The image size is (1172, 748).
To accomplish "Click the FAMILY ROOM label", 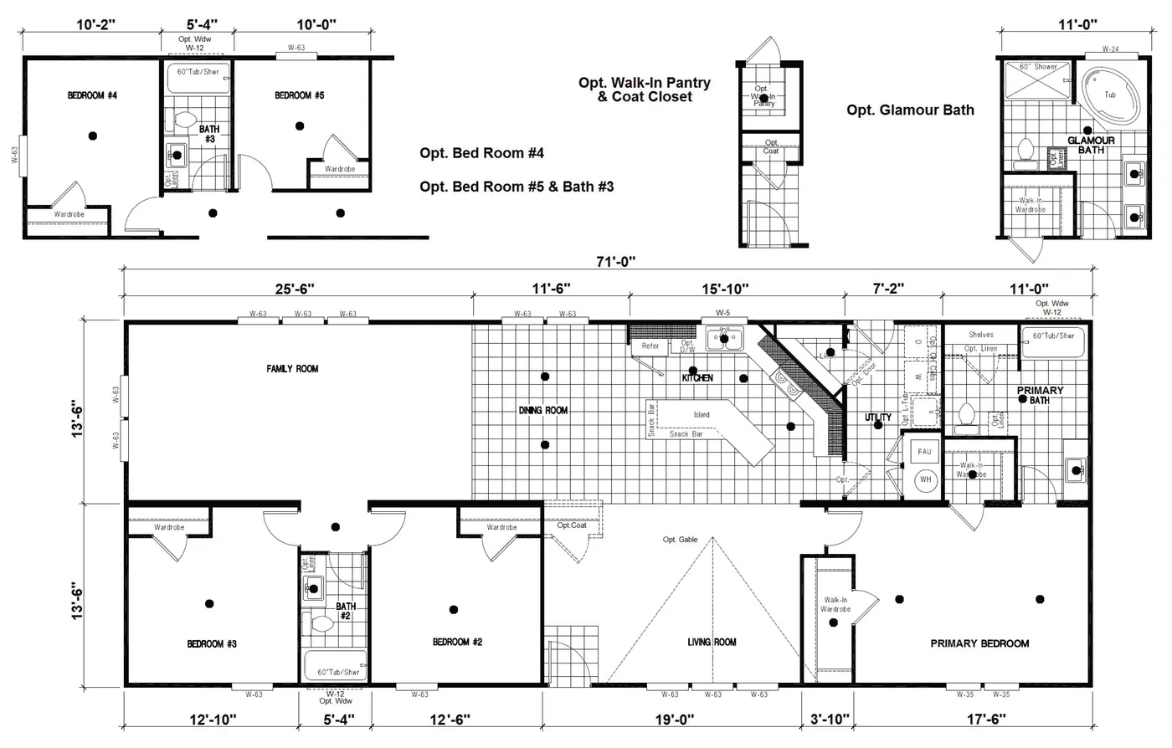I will coord(292,369).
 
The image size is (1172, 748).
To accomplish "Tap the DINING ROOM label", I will coord(544,411).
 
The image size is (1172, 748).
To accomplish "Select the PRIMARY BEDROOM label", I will coord(979,643).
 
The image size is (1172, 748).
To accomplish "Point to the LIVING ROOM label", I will coord(712,643).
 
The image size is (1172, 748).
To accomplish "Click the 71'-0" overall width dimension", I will coord(608,261).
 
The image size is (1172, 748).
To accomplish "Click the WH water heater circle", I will coord(925,480).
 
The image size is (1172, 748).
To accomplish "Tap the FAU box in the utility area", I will coord(924,452).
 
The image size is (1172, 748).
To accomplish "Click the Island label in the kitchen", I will coord(702,415).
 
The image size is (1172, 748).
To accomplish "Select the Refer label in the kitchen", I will coord(650,346).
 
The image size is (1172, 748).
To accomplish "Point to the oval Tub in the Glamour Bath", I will coord(1109,95).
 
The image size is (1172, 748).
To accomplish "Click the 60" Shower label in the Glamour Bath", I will coord(1038,67).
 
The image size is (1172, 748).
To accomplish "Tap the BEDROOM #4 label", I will coord(92,96).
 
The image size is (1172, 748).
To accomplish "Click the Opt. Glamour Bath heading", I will coord(910,110).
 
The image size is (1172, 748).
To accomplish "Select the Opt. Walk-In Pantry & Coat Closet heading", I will coord(645,90).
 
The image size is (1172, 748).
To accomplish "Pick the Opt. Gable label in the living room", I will coord(680,540).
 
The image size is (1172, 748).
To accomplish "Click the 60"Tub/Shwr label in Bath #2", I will coord(338,672).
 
